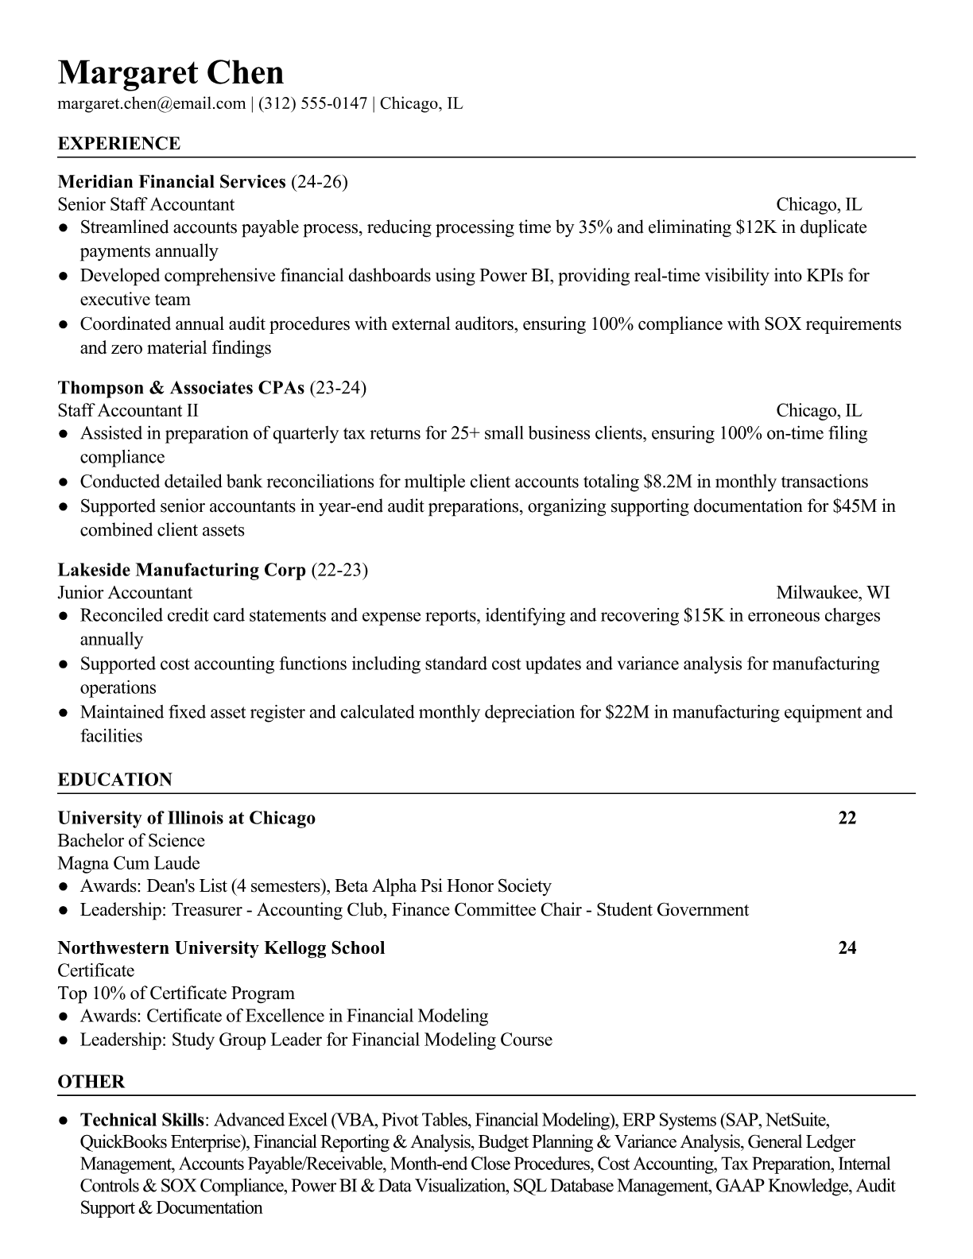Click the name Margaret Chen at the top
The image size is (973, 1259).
[x=170, y=73]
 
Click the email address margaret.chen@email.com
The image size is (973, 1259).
[x=151, y=103]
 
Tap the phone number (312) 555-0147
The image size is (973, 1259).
[x=312, y=103]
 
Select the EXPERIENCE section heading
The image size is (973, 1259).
[x=119, y=144]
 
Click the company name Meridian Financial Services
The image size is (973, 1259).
[x=172, y=182]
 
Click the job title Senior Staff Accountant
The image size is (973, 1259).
[x=146, y=204]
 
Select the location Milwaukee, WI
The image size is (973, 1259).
[x=832, y=592]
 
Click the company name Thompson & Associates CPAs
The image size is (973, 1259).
[x=181, y=388]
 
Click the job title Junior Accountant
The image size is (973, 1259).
[x=125, y=592]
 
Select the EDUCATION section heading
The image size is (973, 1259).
[x=115, y=780]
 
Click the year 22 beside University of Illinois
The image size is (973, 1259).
[x=847, y=818]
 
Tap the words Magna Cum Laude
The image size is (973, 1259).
[x=129, y=863]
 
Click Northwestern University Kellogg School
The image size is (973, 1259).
[x=221, y=947]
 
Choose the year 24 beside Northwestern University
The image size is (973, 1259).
[x=847, y=947]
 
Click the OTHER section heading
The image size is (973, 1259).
[x=91, y=1082]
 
